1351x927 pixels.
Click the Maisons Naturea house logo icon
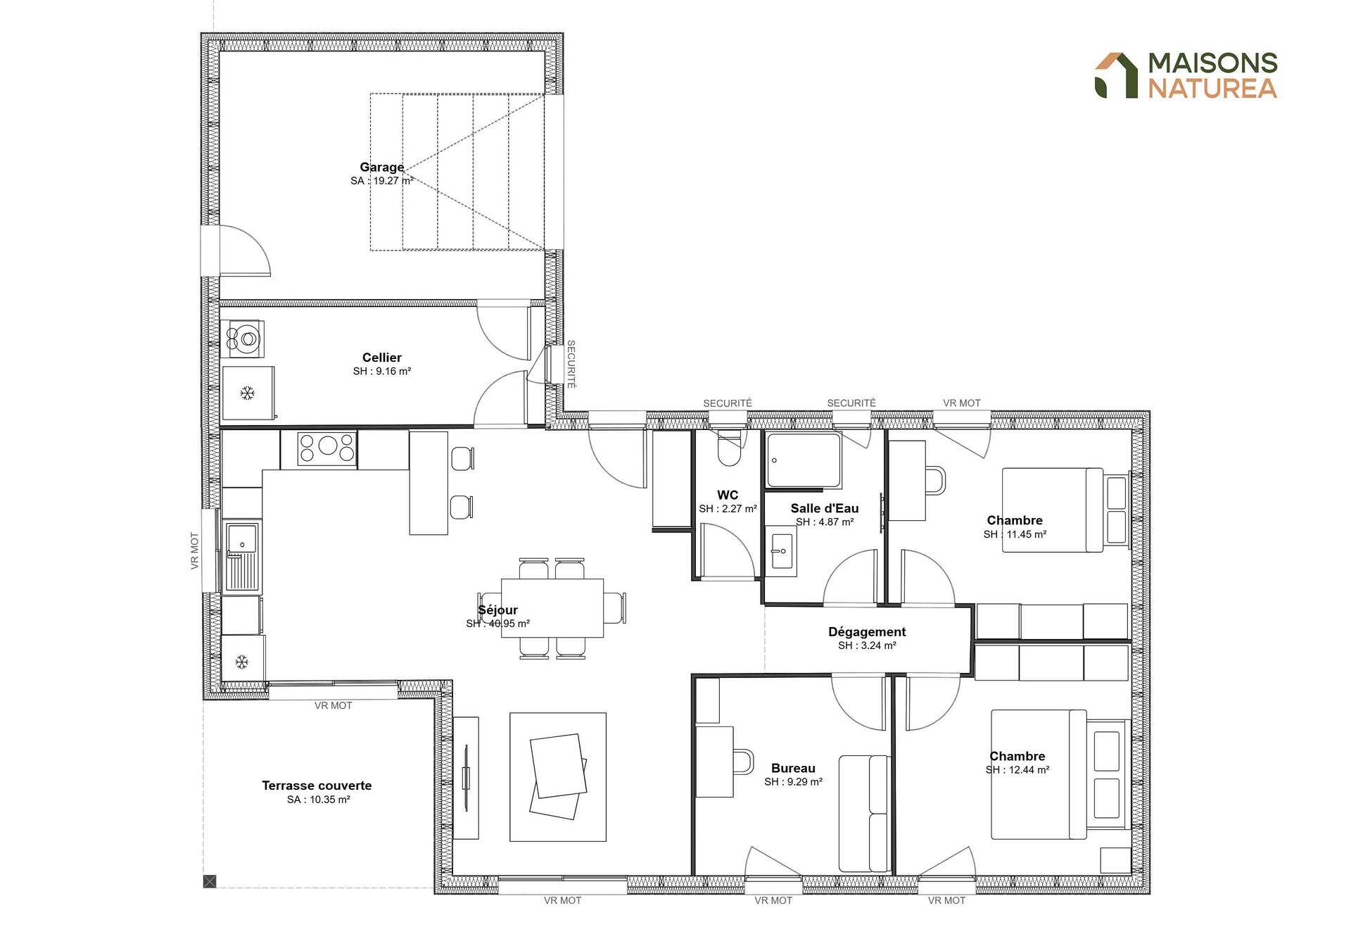[1116, 75]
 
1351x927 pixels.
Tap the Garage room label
[382, 167]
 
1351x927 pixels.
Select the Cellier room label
[382, 358]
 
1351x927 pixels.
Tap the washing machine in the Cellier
[243, 339]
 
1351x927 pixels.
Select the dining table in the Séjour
[552, 608]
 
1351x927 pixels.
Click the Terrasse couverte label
[317, 786]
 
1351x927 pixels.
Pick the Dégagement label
[867, 632]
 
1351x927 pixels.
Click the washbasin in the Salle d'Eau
[781, 550]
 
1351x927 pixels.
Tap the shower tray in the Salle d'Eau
[804, 460]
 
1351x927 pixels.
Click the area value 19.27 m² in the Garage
[393, 181]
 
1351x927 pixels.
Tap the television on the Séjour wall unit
[466, 778]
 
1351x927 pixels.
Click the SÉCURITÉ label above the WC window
[728, 403]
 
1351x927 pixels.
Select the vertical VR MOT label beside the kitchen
[195, 550]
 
